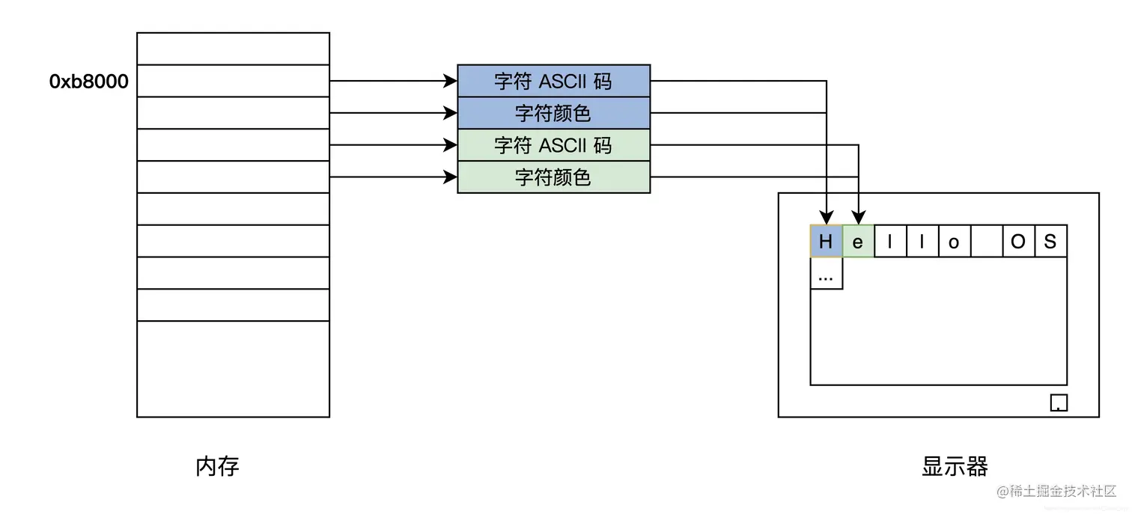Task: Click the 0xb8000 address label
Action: click(88, 82)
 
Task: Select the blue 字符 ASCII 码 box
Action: click(553, 81)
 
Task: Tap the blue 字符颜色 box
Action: click(553, 113)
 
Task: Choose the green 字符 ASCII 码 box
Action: click(553, 145)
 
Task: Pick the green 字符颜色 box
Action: click(553, 177)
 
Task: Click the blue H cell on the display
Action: click(826, 242)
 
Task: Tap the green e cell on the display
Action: click(858, 242)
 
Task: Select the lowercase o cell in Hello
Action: click(954, 242)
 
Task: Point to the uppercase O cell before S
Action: click(1018, 242)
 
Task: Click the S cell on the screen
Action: click(1050, 242)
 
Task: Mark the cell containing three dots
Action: click(826, 274)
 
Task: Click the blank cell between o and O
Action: click(986, 242)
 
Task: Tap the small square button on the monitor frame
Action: click(1059, 403)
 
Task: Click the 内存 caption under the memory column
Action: click(217, 467)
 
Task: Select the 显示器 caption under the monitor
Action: click(955, 467)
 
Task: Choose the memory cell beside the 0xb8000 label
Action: click(233, 81)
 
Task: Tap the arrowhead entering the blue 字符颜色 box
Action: click(451, 113)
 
